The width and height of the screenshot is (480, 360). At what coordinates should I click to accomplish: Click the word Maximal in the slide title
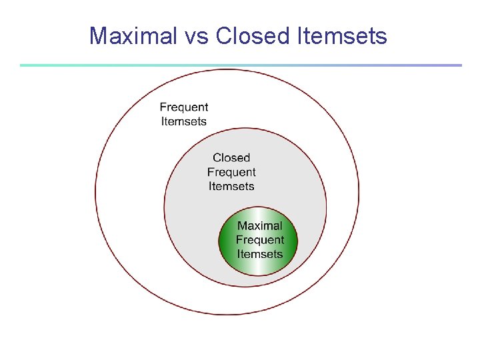point(131,35)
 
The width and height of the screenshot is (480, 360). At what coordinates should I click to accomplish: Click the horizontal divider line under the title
point(240,65)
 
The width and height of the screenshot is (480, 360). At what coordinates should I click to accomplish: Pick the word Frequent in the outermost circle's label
point(184,107)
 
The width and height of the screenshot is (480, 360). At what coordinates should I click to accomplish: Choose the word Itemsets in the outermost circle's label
point(184,121)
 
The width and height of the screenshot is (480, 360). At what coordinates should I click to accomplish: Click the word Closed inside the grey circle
point(231,158)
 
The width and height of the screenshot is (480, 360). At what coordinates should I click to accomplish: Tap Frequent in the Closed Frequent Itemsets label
point(231,172)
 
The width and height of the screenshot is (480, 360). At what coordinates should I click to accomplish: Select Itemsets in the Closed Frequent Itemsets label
point(231,186)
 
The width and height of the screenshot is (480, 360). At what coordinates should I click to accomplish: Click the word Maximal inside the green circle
point(260,226)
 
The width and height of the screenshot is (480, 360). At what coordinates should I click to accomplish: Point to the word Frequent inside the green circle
point(260,240)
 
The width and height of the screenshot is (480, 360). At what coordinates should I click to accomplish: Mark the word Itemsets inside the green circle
point(260,254)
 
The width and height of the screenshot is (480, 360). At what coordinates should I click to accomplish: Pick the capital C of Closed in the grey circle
point(217,158)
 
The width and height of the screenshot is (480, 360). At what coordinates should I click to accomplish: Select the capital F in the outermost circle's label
point(163,107)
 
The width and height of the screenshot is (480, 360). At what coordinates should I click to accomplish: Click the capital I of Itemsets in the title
point(296,35)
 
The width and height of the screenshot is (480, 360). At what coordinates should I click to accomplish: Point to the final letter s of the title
point(382,37)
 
